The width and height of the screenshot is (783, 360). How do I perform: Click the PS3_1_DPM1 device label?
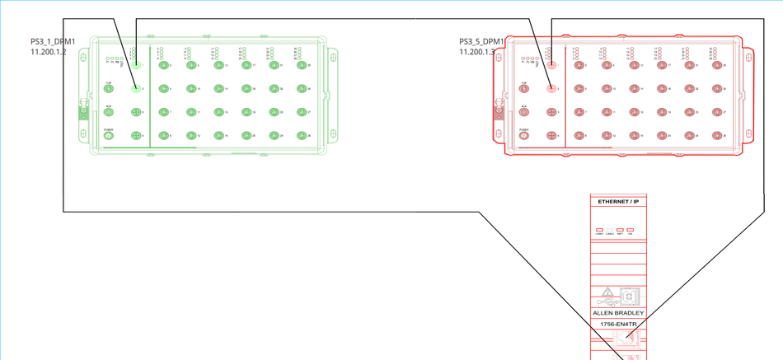point(53,41)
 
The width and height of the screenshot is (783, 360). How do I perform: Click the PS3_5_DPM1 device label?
point(482,41)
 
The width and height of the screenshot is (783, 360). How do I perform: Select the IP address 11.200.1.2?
point(48,52)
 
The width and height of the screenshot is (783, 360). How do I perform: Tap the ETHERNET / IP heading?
point(618,202)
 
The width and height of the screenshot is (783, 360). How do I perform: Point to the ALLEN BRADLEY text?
point(618,314)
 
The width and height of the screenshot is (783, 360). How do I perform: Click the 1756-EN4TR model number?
point(618,324)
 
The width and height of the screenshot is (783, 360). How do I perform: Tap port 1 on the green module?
point(137,65)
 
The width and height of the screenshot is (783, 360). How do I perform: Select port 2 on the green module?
point(137,88)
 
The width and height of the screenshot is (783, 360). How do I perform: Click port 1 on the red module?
point(551,65)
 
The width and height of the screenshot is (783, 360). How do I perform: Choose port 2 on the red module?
point(551,88)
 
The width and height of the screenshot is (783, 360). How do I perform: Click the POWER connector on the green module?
point(108,136)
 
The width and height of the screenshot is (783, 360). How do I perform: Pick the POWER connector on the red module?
point(523,136)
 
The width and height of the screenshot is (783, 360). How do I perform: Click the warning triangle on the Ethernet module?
point(607,293)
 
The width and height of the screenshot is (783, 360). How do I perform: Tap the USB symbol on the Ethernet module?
point(630,294)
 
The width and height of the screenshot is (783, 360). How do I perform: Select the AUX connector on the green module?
point(108,112)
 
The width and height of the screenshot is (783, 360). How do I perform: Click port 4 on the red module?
point(551,136)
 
